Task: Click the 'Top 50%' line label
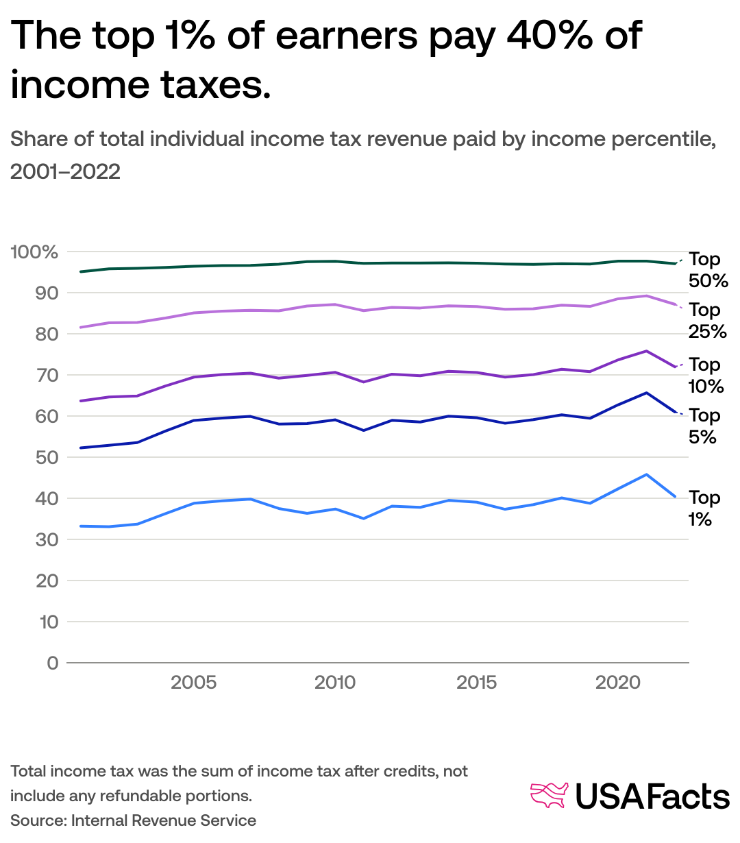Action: point(708,270)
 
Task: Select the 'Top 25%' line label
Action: point(708,321)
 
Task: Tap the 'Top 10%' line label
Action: point(706,376)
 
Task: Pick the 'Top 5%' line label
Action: point(704,426)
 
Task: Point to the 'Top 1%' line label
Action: point(704,509)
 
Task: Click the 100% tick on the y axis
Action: point(34,252)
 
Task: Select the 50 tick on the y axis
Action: point(47,457)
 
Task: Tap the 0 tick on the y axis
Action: point(53,663)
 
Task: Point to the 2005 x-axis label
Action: point(194,683)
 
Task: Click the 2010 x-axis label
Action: point(335,683)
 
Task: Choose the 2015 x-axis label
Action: point(476,683)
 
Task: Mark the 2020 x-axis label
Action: point(617,683)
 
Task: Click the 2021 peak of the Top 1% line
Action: point(646,474)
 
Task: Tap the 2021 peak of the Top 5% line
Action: point(646,393)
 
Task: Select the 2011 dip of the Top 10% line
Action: point(363,382)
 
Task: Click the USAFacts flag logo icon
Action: point(550,796)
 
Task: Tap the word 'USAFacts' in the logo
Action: point(652,796)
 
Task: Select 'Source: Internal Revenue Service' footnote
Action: point(133,820)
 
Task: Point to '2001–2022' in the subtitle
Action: point(65,171)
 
